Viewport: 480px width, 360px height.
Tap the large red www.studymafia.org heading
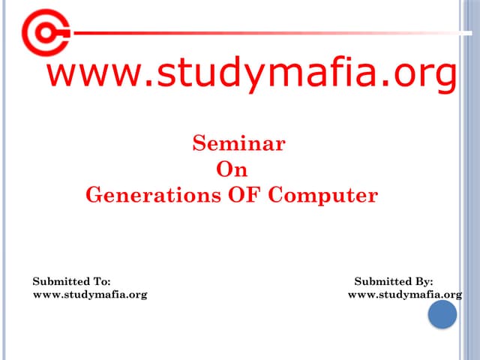pos(251,76)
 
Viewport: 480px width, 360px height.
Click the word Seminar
pos(238,142)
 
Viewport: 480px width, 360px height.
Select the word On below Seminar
pos(231,169)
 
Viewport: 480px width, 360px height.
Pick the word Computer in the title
pos(322,196)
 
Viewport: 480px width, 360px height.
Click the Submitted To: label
pos(71,281)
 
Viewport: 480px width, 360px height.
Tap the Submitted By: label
pos(393,281)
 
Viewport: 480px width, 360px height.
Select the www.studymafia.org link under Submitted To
pos(90,294)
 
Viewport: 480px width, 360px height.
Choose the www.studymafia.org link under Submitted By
pos(405,294)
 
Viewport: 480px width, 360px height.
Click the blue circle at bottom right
pos(442,314)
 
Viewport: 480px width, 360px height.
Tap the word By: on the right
pos(423,281)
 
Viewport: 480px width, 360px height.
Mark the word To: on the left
pos(101,281)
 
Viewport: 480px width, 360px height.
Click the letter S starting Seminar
pos(199,142)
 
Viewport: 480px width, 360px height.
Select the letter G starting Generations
pos(94,196)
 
